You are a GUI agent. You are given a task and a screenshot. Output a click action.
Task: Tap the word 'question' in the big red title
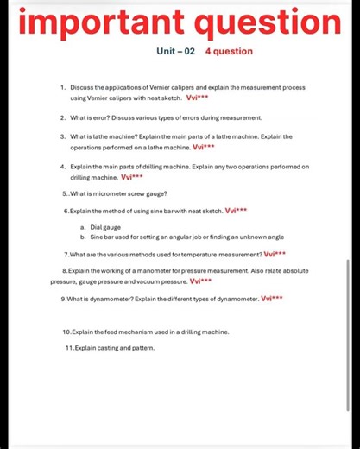pos(260,21)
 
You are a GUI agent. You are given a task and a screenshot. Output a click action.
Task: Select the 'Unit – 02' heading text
pos(175,51)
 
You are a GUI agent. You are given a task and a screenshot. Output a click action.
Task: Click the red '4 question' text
pos(230,51)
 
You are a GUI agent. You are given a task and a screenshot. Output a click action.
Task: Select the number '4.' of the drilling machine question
pos(64,167)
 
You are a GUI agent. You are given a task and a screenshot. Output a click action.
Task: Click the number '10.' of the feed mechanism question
pos(68,332)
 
